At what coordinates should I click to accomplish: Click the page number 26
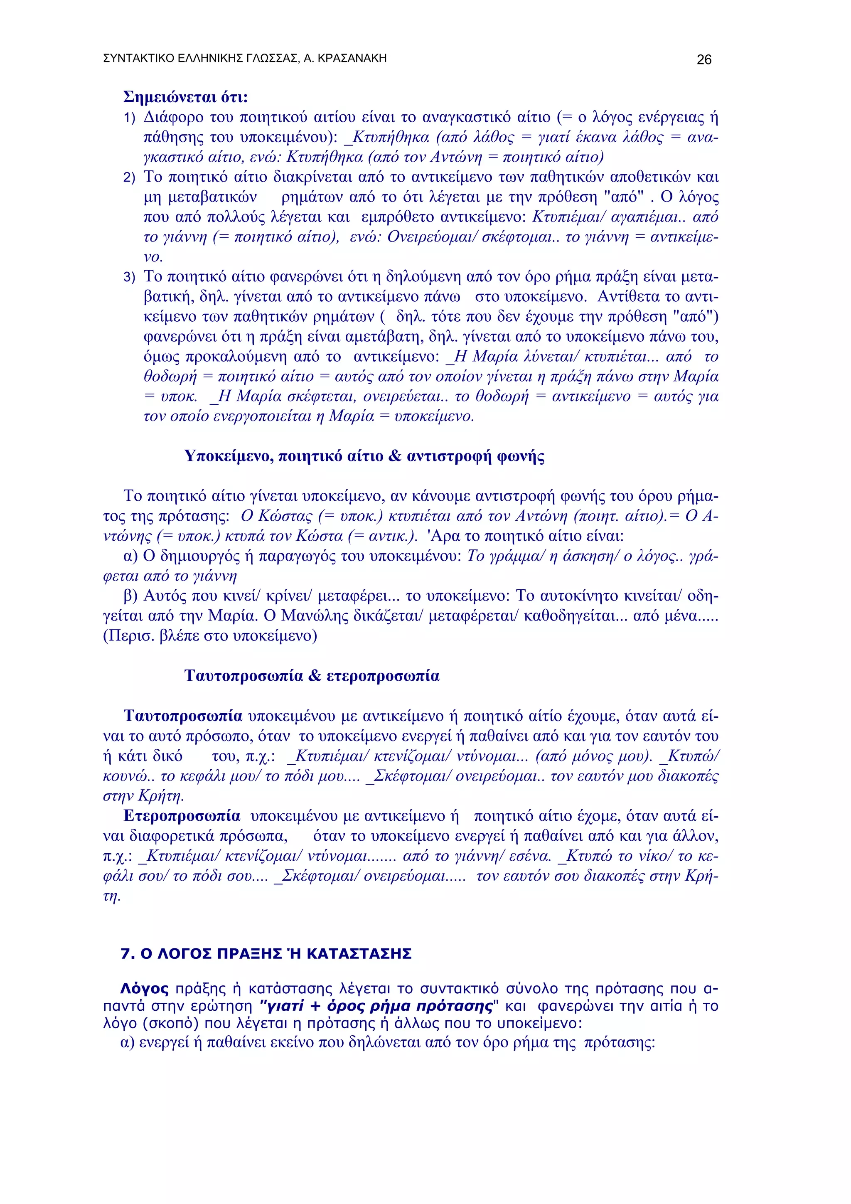click(x=703, y=60)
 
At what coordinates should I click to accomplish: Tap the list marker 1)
click(x=130, y=118)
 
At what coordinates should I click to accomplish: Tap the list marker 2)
click(x=130, y=178)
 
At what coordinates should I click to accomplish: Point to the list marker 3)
click(x=130, y=277)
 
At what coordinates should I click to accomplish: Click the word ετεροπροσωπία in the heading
click(x=383, y=675)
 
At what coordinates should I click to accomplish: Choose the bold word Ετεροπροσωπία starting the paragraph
click(x=182, y=816)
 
